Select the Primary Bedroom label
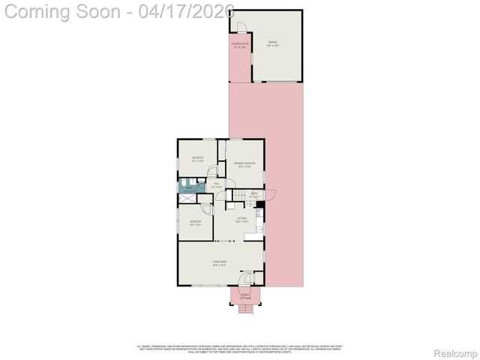(x=244, y=165)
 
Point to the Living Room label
(x=219, y=263)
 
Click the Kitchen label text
(x=241, y=220)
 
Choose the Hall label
(x=215, y=185)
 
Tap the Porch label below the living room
(x=244, y=296)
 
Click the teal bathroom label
(x=190, y=190)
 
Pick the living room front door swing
(x=245, y=279)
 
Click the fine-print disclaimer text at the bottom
(x=240, y=349)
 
